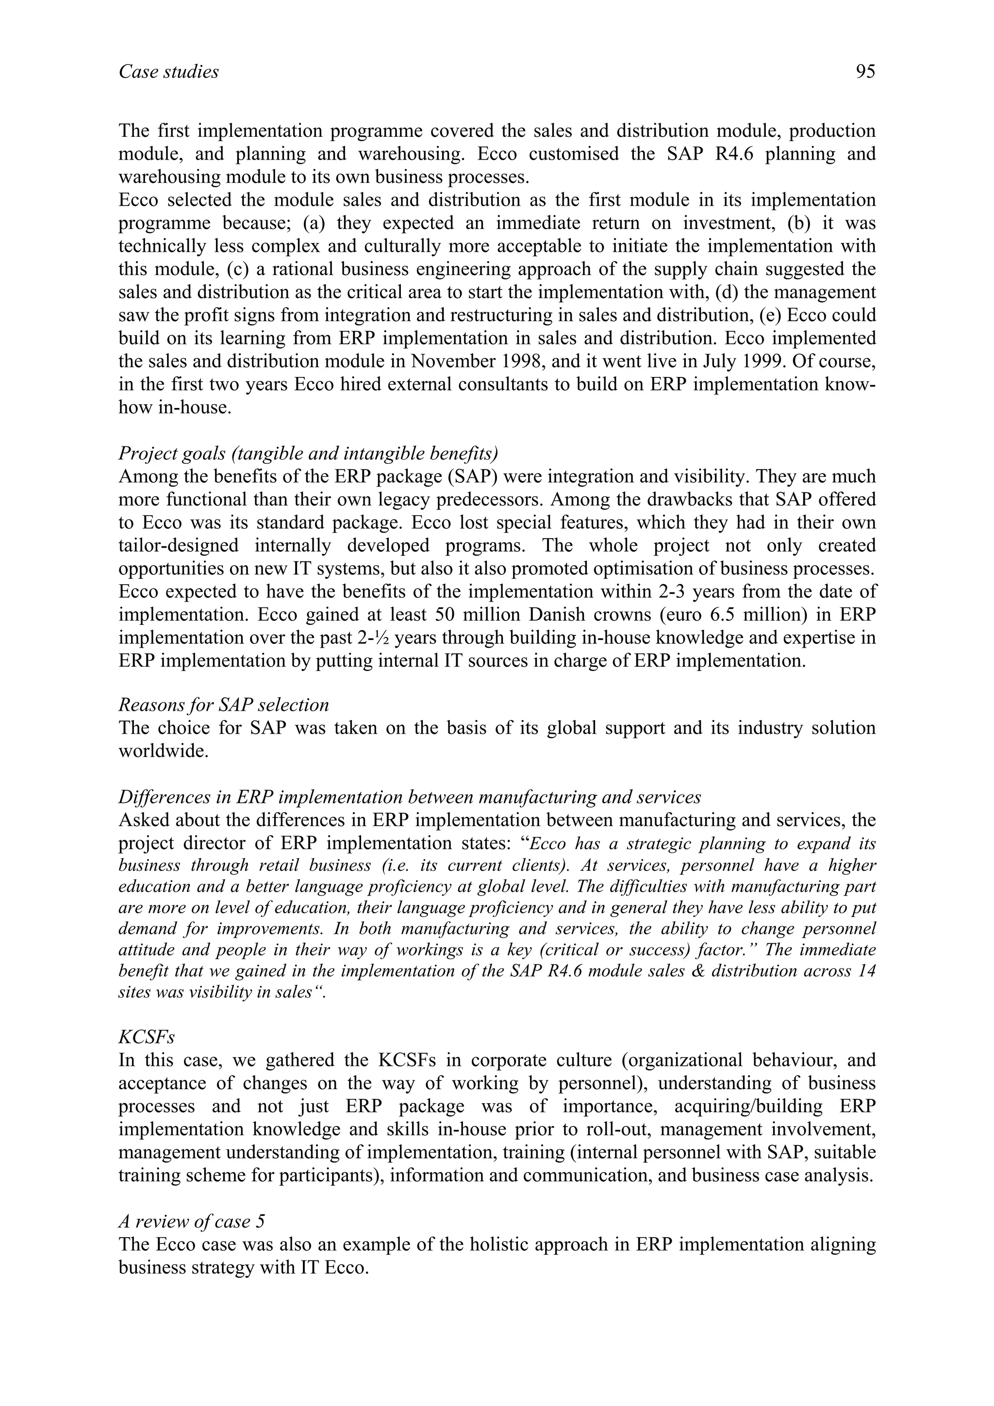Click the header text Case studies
click(x=168, y=72)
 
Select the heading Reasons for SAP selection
click(x=224, y=705)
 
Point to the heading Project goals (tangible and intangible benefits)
click(x=308, y=453)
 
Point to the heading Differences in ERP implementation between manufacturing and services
click(x=409, y=797)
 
